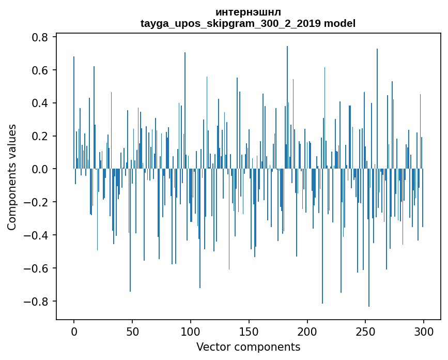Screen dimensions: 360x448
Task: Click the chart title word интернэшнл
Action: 248,12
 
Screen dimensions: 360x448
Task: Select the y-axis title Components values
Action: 12,177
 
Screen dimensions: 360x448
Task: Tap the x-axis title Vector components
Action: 248,347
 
